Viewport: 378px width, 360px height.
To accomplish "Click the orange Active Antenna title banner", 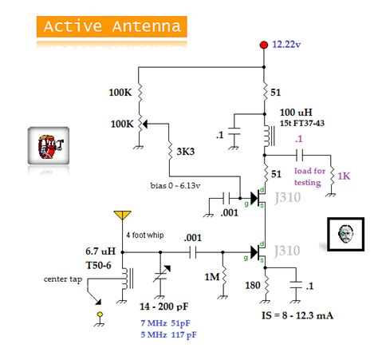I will [x=111, y=26].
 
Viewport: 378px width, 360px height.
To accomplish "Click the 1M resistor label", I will [x=211, y=276].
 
